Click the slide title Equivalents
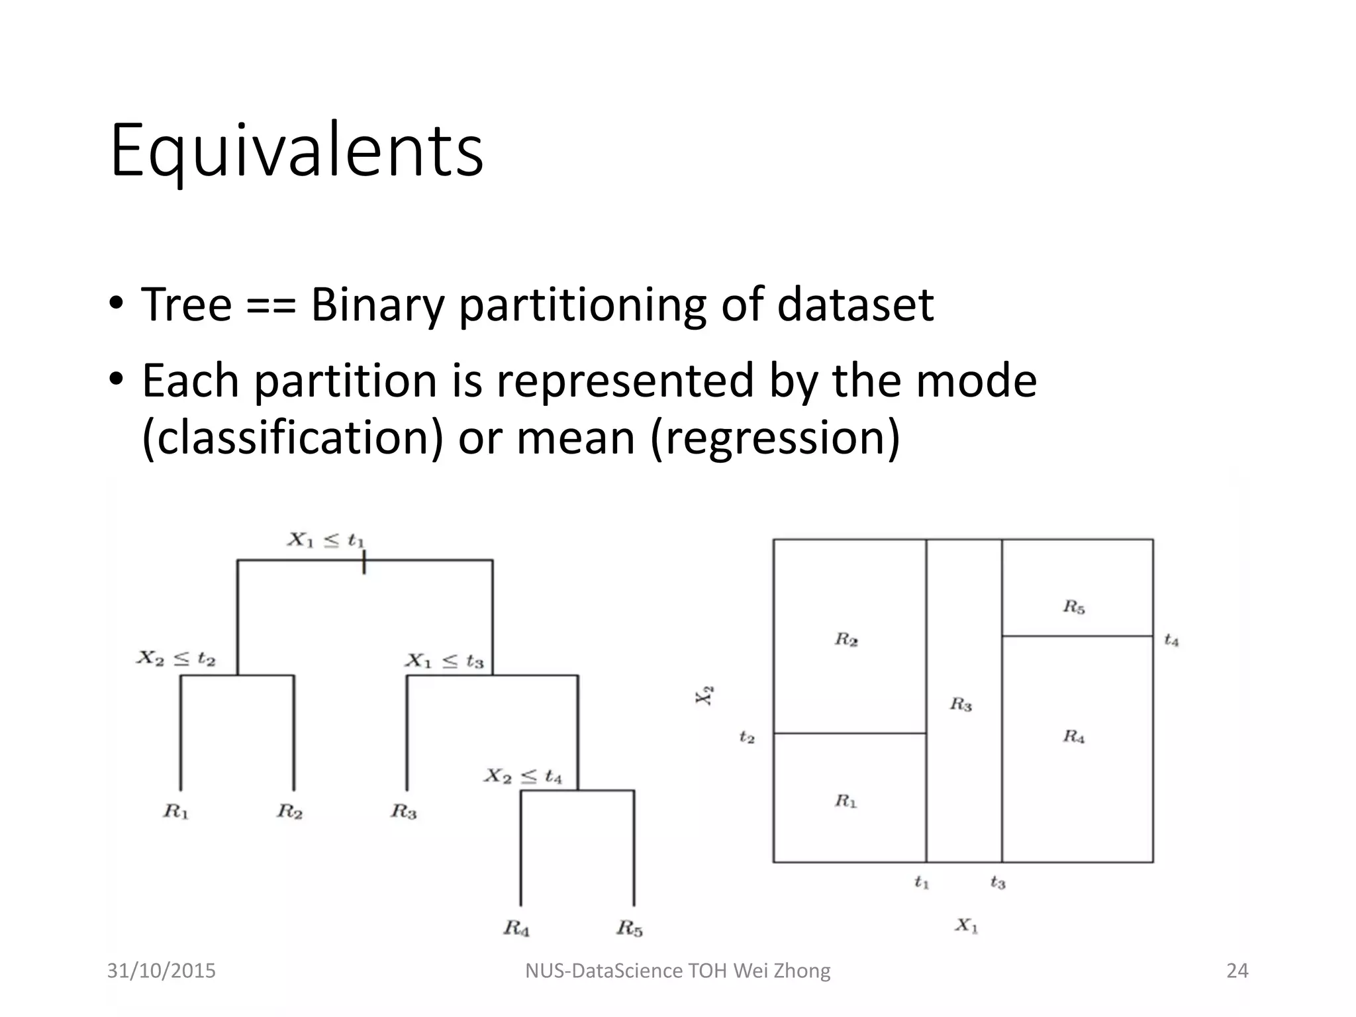point(297,151)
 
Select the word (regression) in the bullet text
point(775,438)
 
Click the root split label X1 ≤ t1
point(326,540)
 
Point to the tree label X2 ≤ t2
point(176,659)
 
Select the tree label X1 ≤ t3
point(445,661)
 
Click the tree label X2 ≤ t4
point(523,775)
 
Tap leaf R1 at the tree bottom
point(176,811)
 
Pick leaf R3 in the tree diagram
point(403,811)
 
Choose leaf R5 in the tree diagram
point(630,928)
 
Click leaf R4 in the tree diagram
point(516,928)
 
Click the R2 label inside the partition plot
point(846,640)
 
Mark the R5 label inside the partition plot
point(1074,606)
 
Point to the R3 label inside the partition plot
point(961,704)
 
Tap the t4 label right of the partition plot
point(1171,640)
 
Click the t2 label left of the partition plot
point(747,737)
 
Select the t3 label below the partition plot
point(998,883)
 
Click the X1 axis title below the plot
point(966,926)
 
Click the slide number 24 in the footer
point(1237,971)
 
